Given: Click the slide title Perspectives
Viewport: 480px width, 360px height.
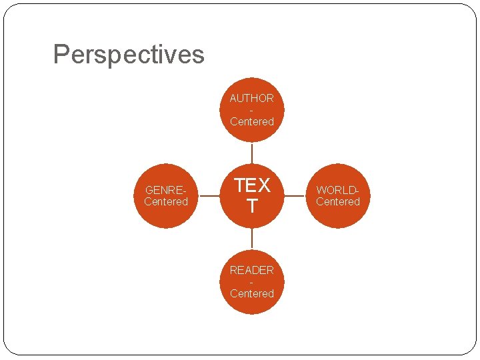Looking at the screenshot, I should [x=129, y=54].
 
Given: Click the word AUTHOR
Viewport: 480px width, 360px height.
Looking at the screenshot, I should [x=252, y=98].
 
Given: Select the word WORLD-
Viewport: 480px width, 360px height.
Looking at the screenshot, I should [x=338, y=190].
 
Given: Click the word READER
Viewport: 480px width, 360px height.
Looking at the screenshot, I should [x=252, y=270].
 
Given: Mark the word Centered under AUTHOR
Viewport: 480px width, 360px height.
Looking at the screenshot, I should [x=252, y=121].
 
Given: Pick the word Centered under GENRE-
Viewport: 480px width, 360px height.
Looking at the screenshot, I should [x=166, y=201].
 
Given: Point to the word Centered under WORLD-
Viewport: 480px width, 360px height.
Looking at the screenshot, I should [x=338, y=201].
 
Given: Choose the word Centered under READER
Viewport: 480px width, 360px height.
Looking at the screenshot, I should [x=252, y=293].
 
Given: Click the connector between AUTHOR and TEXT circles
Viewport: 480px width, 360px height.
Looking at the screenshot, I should [x=252, y=153].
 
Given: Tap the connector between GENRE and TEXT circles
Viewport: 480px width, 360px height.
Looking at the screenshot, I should [x=209, y=196].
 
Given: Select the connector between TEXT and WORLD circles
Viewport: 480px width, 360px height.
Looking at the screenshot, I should [x=295, y=196].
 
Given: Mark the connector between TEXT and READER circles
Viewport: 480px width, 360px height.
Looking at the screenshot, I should [x=252, y=239].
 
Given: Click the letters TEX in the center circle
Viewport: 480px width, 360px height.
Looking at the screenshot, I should [x=252, y=185].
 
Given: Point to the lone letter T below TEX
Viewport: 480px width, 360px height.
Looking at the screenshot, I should [x=252, y=207].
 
